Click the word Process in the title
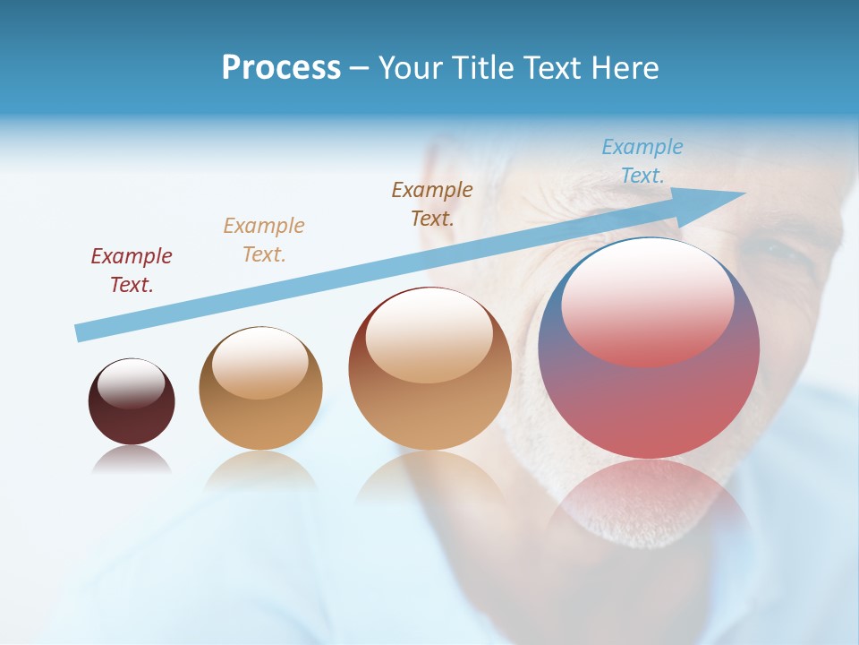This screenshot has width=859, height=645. pyautogui.click(x=281, y=68)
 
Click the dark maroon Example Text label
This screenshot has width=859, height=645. pyautogui.click(x=132, y=271)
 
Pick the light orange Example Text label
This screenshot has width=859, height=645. pyautogui.click(x=264, y=240)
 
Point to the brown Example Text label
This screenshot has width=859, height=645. pyautogui.click(x=432, y=204)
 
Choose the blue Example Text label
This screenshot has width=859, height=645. pyautogui.click(x=642, y=161)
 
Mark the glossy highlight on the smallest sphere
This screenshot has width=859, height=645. pyautogui.click(x=131, y=384)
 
